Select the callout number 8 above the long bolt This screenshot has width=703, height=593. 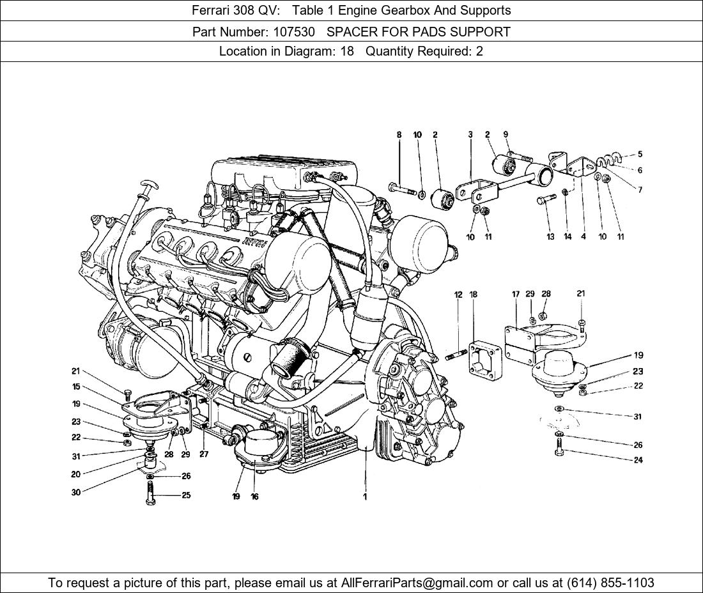(x=399, y=135)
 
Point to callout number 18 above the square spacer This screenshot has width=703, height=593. (x=474, y=295)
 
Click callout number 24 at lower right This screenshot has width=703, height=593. (x=638, y=460)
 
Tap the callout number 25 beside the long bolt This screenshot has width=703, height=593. (x=185, y=495)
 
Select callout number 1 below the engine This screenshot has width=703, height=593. (x=365, y=497)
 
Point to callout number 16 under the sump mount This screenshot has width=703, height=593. (x=254, y=497)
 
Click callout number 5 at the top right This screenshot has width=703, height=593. (x=640, y=154)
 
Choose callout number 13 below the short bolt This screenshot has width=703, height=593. (x=550, y=237)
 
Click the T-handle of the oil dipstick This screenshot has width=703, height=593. (x=150, y=186)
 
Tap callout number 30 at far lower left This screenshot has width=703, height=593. (x=75, y=493)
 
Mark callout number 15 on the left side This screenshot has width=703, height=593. (x=75, y=387)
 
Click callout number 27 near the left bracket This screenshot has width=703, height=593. (x=203, y=454)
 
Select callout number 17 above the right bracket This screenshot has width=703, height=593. (x=515, y=295)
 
